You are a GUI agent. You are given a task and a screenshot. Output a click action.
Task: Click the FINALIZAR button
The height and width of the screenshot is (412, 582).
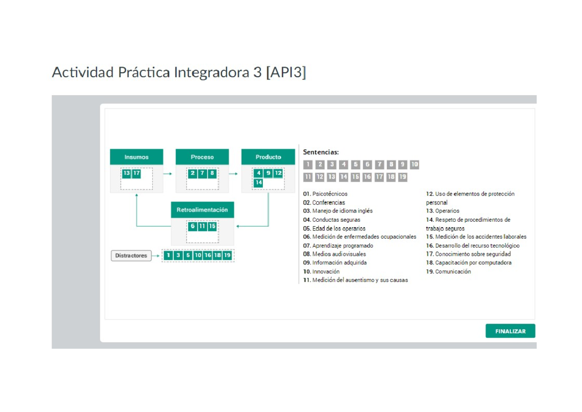click(510, 331)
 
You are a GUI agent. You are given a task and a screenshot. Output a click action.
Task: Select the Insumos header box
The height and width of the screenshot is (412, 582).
click(136, 157)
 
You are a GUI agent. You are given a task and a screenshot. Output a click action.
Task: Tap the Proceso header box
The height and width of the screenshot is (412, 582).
click(202, 157)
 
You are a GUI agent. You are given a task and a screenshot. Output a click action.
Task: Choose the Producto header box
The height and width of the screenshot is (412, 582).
click(268, 157)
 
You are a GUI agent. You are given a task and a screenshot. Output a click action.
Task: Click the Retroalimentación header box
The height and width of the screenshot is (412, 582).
click(202, 210)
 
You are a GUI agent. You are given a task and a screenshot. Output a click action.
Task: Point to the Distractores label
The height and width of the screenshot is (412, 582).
click(131, 256)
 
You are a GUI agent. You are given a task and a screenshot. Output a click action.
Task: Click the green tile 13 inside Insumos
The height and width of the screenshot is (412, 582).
click(127, 173)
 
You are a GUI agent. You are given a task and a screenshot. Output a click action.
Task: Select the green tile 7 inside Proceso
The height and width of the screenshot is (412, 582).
click(202, 173)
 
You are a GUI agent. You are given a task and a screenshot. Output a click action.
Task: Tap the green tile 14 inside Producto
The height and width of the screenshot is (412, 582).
click(259, 182)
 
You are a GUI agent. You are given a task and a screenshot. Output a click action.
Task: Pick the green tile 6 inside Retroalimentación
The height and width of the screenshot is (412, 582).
click(193, 226)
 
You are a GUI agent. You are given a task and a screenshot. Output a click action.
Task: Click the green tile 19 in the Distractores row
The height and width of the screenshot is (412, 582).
click(227, 255)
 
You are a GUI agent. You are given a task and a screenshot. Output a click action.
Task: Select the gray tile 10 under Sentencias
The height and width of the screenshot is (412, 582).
click(414, 165)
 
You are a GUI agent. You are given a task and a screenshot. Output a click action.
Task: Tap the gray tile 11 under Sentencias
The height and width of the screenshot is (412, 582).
click(308, 177)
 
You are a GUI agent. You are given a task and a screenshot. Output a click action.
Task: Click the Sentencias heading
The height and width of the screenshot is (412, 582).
click(321, 152)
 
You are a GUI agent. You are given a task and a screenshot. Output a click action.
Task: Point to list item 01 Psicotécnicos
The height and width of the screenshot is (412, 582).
click(325, 194)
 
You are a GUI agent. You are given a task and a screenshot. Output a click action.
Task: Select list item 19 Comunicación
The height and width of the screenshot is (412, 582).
click(449, 272)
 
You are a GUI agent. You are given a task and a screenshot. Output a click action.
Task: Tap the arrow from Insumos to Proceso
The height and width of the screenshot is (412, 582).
click(168, 173)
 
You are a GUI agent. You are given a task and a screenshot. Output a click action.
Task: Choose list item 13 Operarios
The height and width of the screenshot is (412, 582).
click(443, 211)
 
